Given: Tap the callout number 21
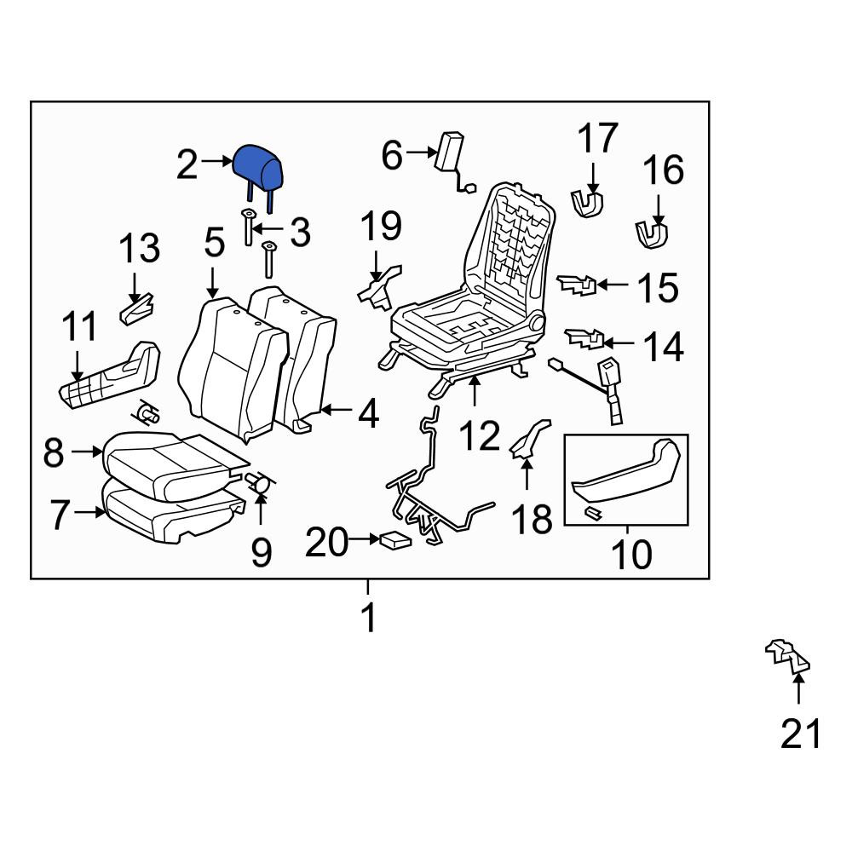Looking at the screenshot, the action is tap(800, 734).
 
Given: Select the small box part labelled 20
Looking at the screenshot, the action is tap(395, 539).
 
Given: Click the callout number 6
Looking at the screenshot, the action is tap(392, 154).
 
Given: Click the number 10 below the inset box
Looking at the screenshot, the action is tap(630, 554).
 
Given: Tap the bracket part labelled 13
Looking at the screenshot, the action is tap(136, 309).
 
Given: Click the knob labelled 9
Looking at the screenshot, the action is tap(260, 482).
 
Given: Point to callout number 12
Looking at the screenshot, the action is tap(479, 435).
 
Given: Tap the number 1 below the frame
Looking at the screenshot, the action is tap(369, 618).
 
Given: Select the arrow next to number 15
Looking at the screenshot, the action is tap(613, 285).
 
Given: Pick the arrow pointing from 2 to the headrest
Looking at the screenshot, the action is tap(216, 161).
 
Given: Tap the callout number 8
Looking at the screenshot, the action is tap(53, 452).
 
